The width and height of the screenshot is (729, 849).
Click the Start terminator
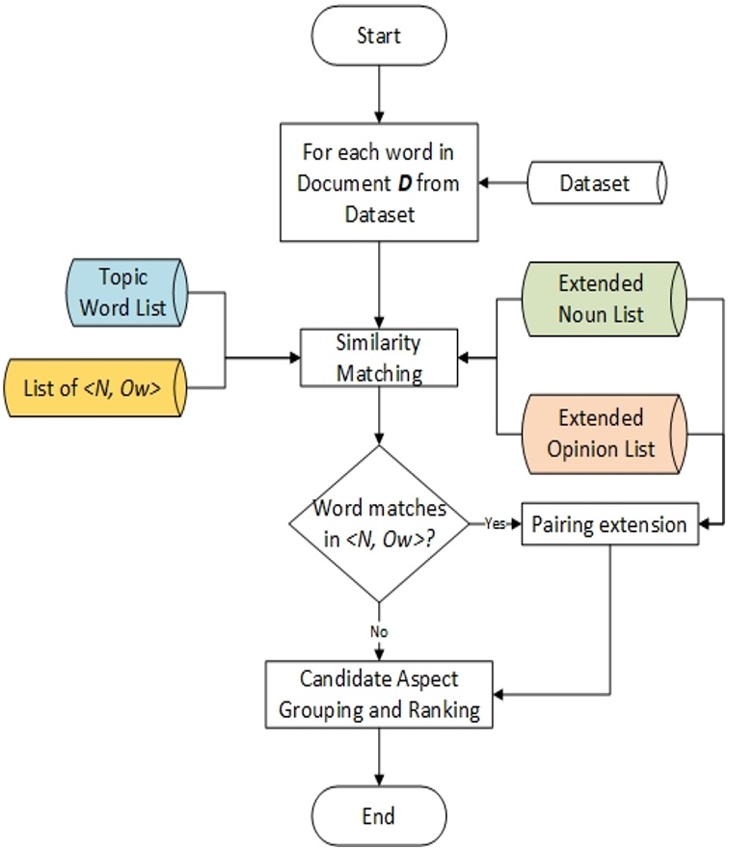[378, 36]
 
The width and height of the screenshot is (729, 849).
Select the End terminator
[378, 815]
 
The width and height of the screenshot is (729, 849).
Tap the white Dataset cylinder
[595, 182]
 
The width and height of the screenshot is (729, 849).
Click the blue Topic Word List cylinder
[123, 292]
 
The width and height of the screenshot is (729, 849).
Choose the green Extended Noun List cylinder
[601, 299]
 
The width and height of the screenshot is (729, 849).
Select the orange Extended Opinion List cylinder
[601, 433]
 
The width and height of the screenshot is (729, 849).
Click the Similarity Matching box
[379, 358]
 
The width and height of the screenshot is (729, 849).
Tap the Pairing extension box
[609, 525]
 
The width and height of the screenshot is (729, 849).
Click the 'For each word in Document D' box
[378, 182]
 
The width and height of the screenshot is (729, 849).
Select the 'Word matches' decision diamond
[378, 524]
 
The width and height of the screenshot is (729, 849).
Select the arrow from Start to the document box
[378, 93]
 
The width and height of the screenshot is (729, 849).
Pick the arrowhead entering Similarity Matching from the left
[294, 358]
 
